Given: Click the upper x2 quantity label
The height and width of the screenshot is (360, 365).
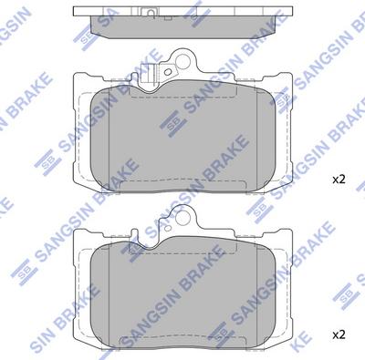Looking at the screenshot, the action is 339,180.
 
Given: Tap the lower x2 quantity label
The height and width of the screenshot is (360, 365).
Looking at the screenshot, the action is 339,335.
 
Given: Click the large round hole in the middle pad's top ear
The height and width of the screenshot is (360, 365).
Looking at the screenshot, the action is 183,62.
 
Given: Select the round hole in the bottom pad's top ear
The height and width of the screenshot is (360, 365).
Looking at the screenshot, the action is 183,217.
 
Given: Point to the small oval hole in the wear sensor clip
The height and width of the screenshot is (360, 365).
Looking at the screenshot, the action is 167,72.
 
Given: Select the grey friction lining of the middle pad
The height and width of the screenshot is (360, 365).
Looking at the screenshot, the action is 182,137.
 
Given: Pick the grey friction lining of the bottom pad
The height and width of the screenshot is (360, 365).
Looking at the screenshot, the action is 182,293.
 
